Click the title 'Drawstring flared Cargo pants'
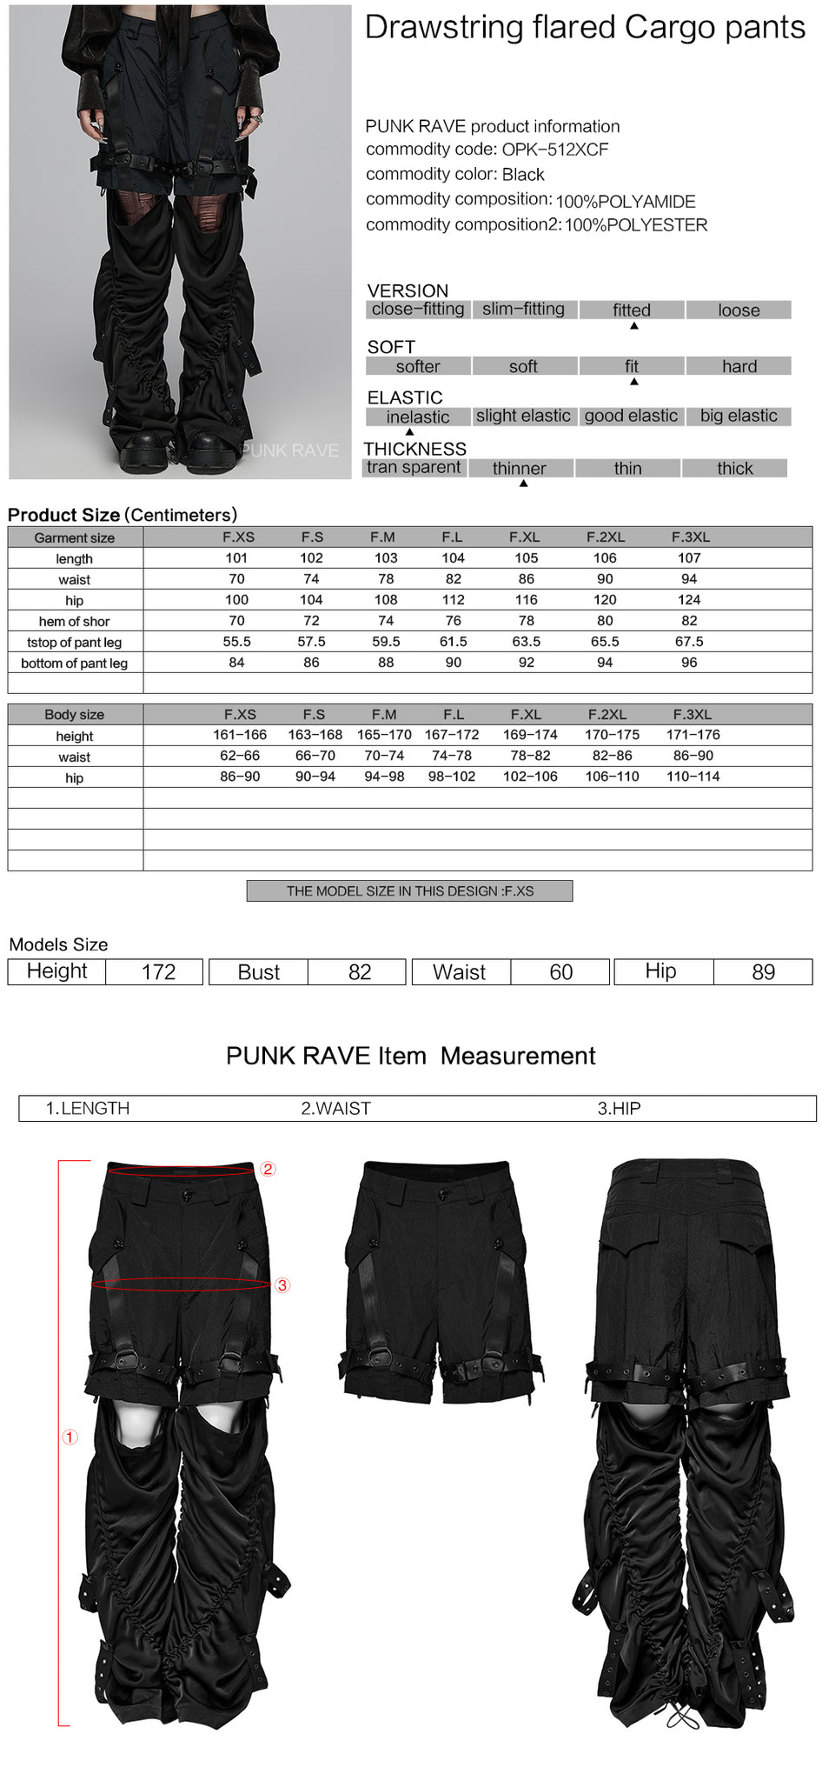pyautogui.click(x=585, y=28)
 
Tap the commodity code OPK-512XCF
pyautogui.click(x=554, y=150)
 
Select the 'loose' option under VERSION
pyautogui.click(x=739, y=310)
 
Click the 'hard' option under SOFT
pyautogui.click(x=739, y=366)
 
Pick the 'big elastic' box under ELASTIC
pyautogui.click(x=739, y=416)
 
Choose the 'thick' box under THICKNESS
pyautogui.click(x=734, y=468)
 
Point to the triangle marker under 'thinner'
pyautogui.click(x=523, y=484)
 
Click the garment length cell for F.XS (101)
pyautogui.click(x=236, y=558)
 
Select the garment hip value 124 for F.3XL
pyautogui.click(x=689, y=600)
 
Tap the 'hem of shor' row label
pyautogui.click(x=75, y=621)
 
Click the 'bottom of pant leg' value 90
pyautogui.click(x=453, y=663)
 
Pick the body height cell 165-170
pyautogui.click(x=384, y=735)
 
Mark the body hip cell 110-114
pyautogui.click(x=693, y=777)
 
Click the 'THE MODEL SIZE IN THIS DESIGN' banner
pyautogui.click(x=409, y=890)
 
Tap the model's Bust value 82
pyautogui.click(x=359, y=972)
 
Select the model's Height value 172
pyautogui.click(x=158, y=972)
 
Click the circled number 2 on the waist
pyautogui.click(x=268, y=1169)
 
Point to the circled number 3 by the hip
pyautogui.click(x=282, y=1285)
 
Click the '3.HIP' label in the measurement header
pyautogui.click(x=619, y=1108)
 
